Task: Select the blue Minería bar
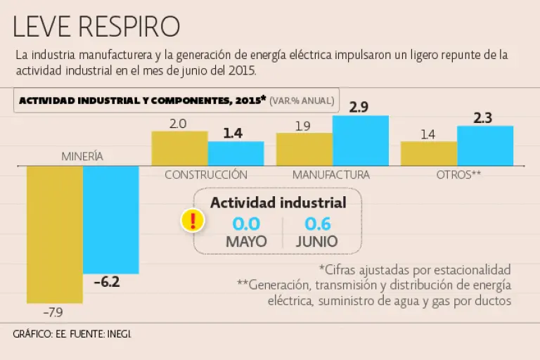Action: point(111,219)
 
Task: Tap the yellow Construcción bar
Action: point(179,148)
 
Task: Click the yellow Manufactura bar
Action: point(304,148)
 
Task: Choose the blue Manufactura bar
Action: point(360,140)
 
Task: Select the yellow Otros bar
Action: point(429,153)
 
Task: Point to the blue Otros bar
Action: point(485,146)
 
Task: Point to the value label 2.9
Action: point(359,108)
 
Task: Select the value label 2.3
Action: point(483,117)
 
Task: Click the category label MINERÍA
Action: point(82,156)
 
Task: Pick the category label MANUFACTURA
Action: point(331,174)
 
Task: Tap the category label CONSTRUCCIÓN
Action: point(206,174)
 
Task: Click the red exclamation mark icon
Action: point(192,220)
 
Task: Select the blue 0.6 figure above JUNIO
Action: point(316,224)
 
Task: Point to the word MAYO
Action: point(246,241)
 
